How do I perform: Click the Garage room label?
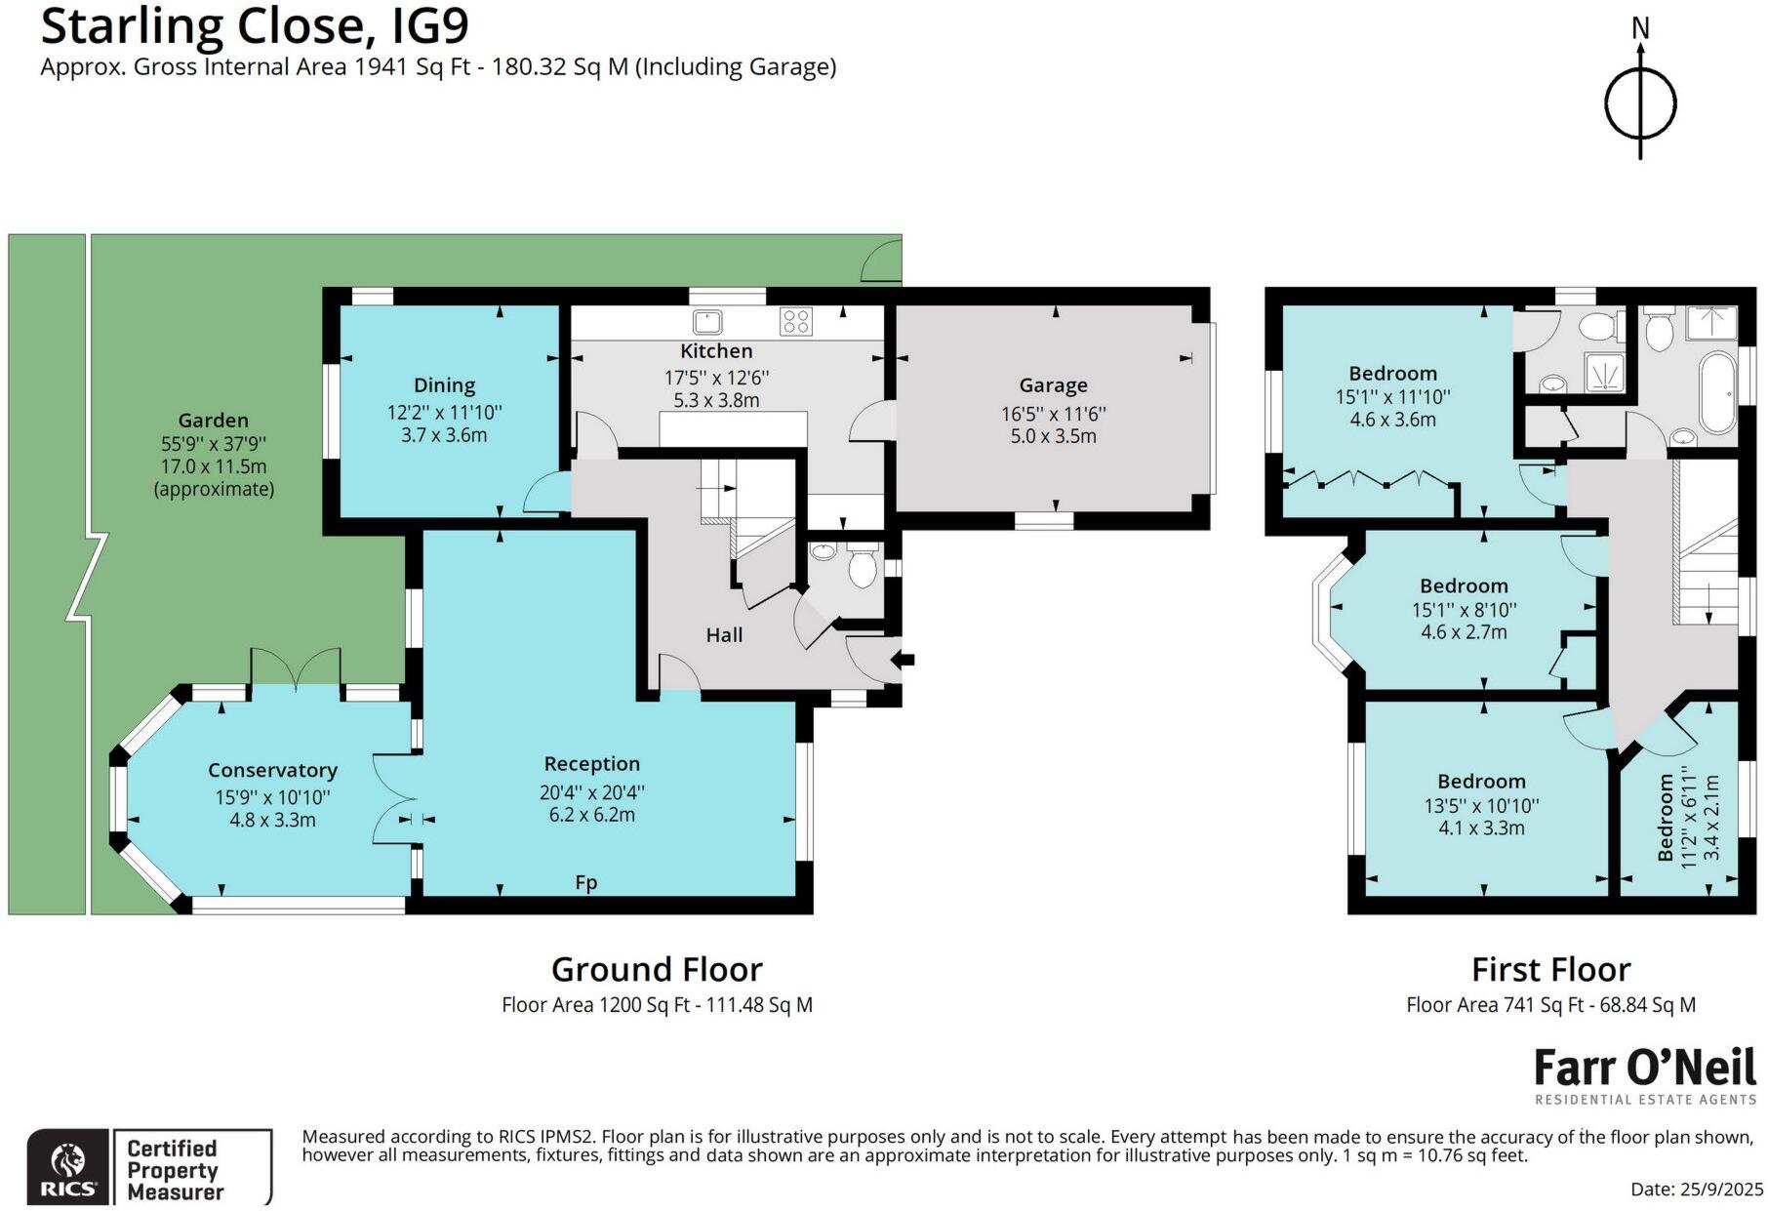[x=1053, y=385]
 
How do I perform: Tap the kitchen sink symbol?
[x=706, y=321]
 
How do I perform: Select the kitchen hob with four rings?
[x=796, y=321]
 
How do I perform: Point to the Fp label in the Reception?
[x=585, y=882]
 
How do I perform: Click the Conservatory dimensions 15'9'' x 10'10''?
[x=272, y=796]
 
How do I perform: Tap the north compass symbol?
[x=1640, y=101]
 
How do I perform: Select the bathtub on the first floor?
[x=1716, y=393]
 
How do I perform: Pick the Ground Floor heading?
[x=657, y=969]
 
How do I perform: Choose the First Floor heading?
[x=1550, y=969]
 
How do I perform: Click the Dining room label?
[x=444, y=385]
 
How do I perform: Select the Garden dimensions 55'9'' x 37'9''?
[x=214, y=444]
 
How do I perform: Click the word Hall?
[x=724, y=635]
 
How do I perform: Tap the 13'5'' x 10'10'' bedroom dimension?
[x=1481, y=805]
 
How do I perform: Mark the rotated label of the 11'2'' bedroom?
[x=1666, y=818]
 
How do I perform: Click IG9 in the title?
[x=429, y=26]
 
